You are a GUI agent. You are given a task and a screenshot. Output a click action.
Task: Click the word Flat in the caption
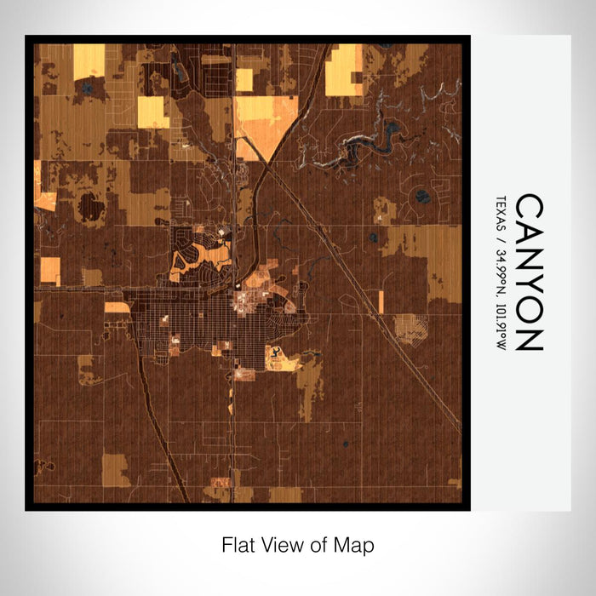tap(238, 544)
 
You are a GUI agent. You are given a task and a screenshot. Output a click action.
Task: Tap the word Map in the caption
tap(356, 544)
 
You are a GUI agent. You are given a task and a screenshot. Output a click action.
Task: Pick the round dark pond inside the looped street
tap(423, 198)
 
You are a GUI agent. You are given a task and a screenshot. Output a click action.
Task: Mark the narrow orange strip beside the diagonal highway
tap(381, 301)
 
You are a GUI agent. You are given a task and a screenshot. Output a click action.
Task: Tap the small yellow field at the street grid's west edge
tap(117, 307)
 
